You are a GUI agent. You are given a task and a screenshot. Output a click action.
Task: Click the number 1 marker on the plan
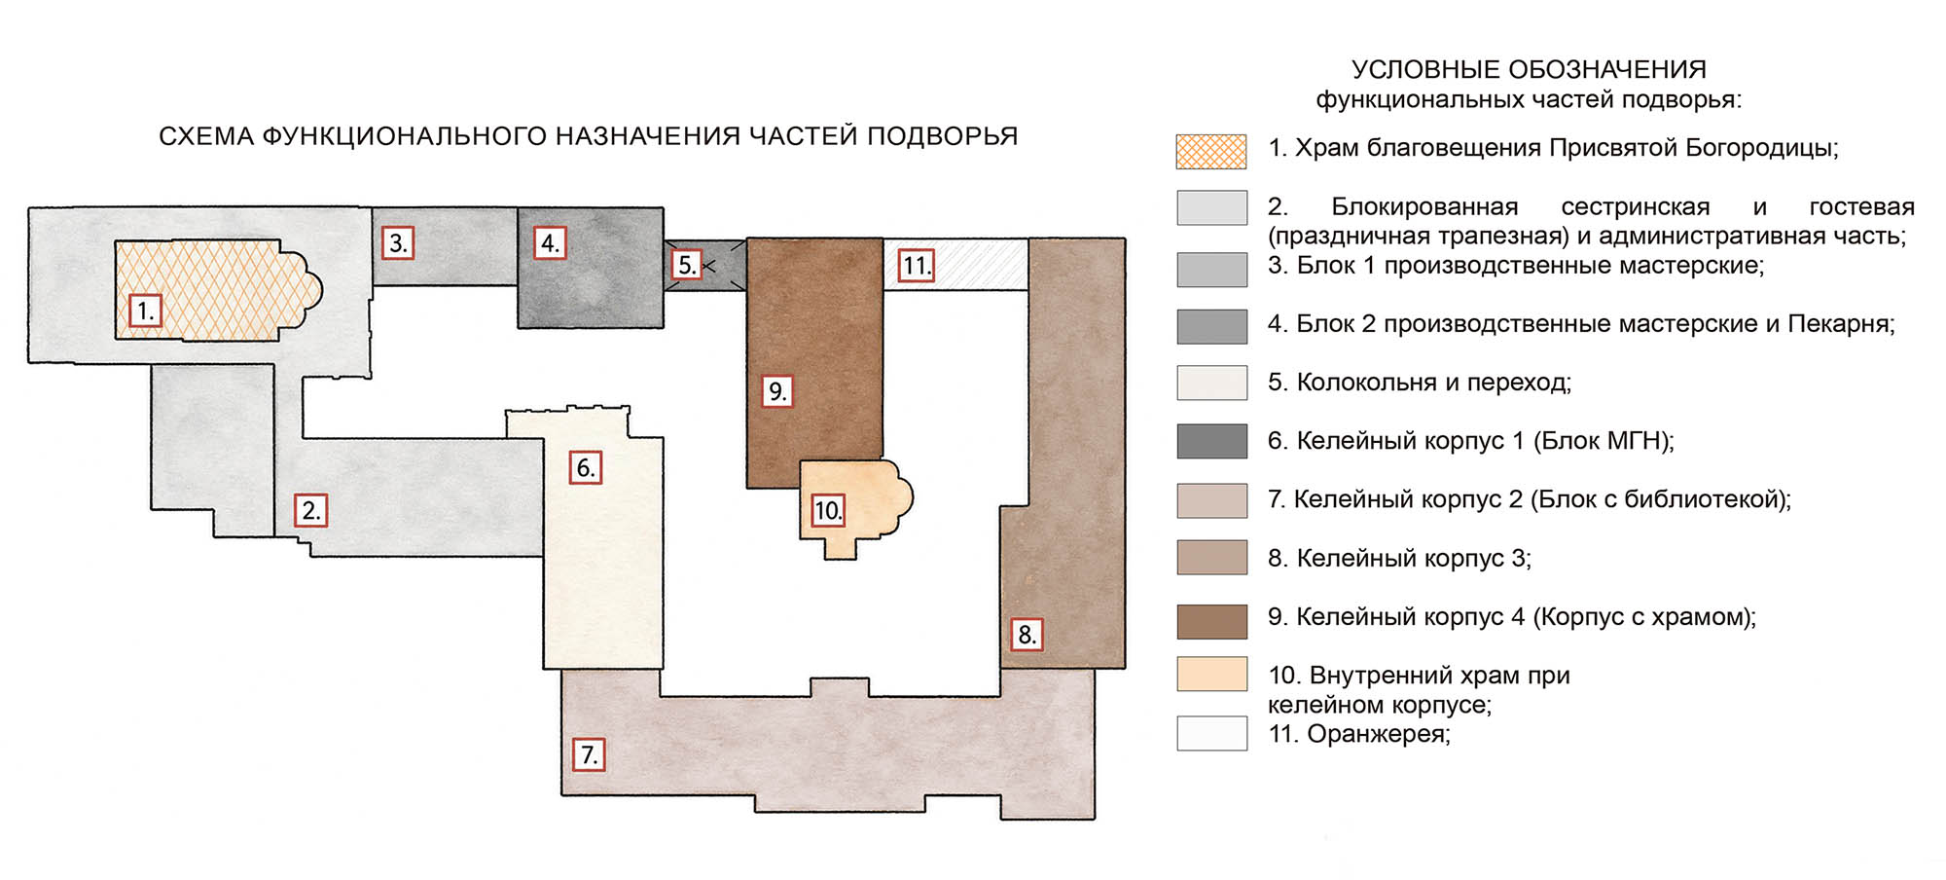point(145,311)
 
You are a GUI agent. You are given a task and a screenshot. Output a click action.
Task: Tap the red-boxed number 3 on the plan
point(397,242)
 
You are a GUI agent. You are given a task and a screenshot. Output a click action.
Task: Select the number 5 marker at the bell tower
point(687,264)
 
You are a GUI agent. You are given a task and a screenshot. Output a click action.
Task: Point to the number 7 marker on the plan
point(588,754)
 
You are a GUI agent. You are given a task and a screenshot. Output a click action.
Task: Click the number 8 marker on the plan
point(1026,635)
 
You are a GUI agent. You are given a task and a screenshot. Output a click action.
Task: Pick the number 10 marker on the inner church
point(827,510)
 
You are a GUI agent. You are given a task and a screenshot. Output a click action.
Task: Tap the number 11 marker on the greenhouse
point(916,266)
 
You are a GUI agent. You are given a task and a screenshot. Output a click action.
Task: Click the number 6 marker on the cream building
point(585,467)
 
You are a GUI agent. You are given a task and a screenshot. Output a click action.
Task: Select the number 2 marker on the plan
point(310,510)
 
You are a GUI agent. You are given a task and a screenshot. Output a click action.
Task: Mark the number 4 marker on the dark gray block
point(550,242)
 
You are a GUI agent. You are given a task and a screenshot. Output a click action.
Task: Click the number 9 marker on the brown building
point(776,390)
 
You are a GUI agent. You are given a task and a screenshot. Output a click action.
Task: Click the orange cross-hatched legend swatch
point(1211,151)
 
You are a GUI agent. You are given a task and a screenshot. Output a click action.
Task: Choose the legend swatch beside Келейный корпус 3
point(1211,558)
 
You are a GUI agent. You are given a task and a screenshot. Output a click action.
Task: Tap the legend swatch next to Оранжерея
point(1211,733)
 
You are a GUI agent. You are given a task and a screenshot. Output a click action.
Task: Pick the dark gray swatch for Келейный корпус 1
point(1211,441)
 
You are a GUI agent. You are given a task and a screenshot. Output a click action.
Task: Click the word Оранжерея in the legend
point(1377,734)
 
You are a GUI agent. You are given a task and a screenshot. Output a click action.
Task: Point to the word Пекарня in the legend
point(1841,324)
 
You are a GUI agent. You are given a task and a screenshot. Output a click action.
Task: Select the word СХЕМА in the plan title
point(205,136)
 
